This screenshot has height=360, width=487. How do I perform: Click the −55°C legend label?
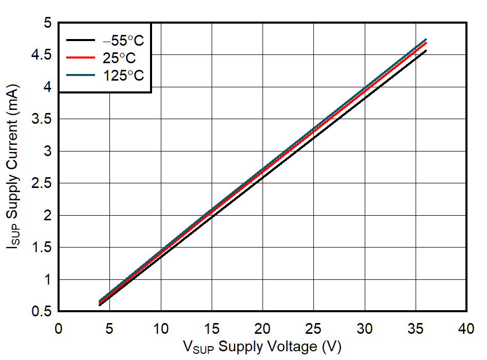123,40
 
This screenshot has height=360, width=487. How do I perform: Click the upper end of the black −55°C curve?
426,50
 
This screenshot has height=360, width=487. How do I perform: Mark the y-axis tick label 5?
48,23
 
